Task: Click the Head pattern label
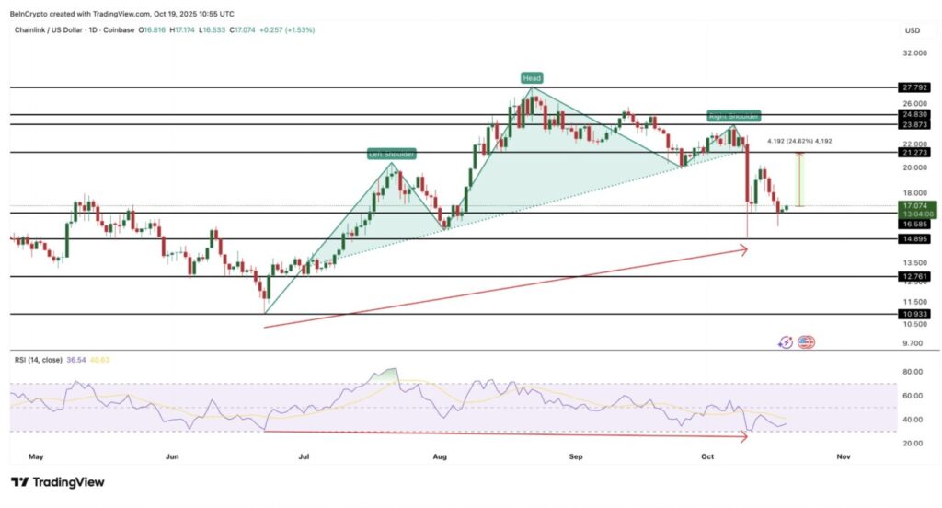(531, 77)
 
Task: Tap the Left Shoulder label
(389, 155)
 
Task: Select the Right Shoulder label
(733, 117)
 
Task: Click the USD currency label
(913, 30)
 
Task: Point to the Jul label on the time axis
(304, 456)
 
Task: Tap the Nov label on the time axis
(842, 456)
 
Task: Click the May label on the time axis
(37, 456)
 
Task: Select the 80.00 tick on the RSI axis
(913, 373)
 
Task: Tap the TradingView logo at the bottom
(58, 482)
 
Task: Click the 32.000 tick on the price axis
(913, 53)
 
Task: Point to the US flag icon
(807, 342)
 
